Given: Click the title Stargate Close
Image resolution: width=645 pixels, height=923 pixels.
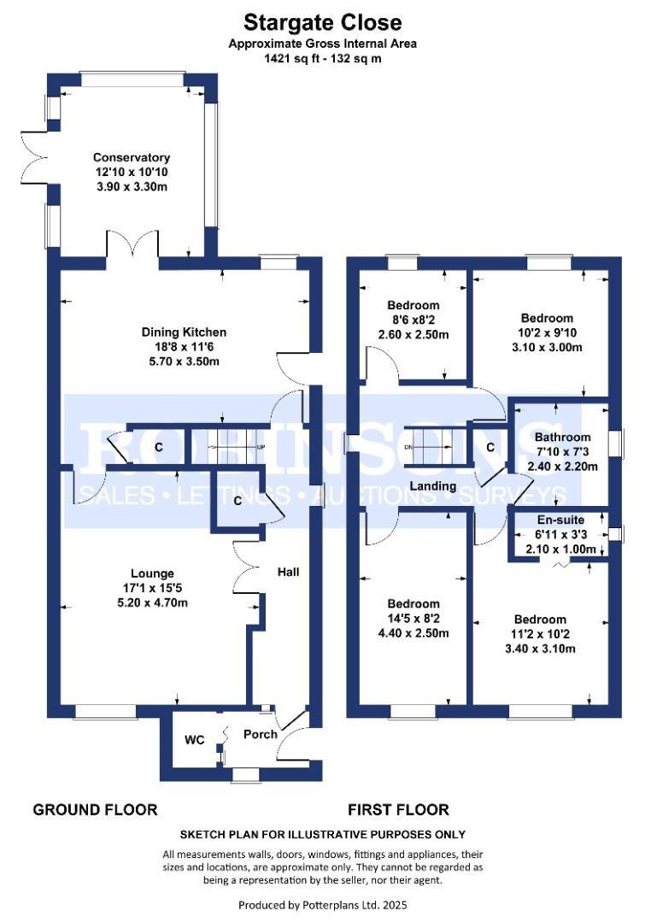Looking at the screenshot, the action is (323, 23).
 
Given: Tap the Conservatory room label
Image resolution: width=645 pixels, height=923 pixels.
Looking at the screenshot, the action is (132, 157).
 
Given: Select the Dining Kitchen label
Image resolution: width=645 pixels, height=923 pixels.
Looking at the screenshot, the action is (184, 332).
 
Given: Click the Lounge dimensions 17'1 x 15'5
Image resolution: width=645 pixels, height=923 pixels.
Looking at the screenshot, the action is (152, 587).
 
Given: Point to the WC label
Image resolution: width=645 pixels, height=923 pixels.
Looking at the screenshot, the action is (194, 739).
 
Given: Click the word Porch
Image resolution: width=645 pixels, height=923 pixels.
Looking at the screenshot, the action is (260, 734).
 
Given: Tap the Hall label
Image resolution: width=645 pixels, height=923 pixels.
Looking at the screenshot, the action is (289, 572).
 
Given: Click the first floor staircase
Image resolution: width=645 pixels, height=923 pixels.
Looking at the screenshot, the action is (434, 447).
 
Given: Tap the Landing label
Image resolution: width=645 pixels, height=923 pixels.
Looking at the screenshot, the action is (432, 485).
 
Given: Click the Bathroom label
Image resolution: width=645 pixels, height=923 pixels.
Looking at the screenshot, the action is (563, 437).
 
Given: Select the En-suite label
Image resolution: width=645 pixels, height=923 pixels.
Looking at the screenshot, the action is (560, 520).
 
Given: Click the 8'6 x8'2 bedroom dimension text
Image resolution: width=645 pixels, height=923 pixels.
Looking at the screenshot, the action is (413, 320).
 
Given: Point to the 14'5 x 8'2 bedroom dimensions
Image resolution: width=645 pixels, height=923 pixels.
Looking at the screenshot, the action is (413, 619).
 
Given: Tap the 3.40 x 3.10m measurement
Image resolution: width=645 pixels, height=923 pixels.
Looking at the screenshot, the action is (540, 649).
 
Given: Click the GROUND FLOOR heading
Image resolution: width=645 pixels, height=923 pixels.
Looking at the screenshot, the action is (96, 810).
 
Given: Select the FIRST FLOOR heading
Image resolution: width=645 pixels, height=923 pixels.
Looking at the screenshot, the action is (398, 810).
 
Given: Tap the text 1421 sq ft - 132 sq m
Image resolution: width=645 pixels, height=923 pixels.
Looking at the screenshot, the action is (323, 58).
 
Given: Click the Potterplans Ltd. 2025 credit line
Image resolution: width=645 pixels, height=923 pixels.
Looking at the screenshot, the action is (323, 905).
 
